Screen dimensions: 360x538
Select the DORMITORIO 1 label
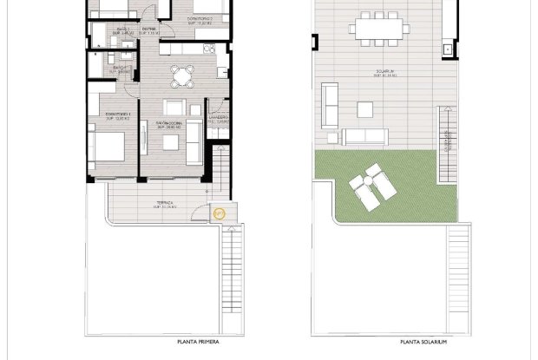[116, 114]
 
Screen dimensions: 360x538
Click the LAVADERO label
[219, 117]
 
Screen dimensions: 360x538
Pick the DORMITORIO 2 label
[202, 17]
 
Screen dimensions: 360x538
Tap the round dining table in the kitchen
[181, 75]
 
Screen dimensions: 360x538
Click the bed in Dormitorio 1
[107, 145]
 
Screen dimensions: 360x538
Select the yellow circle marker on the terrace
[219, 212]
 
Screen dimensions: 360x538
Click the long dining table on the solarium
[379, 29]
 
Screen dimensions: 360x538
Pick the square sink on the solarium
[448, 49]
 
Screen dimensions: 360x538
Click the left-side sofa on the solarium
[330, 105]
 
